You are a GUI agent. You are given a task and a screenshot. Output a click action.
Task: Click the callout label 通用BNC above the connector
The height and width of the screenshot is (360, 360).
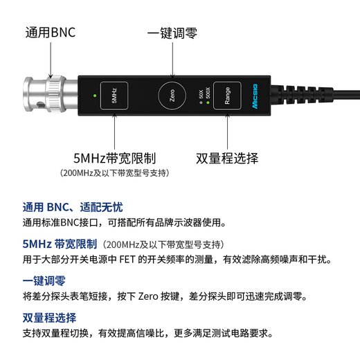pyautogui.click(x=51, y=33)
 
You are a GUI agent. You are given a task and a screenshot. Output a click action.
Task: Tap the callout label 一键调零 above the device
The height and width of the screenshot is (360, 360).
pyautogui.click(x=172, y=33)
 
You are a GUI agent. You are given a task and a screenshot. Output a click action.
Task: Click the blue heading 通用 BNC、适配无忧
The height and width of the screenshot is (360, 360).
pyautogui.click(x=72, y=207)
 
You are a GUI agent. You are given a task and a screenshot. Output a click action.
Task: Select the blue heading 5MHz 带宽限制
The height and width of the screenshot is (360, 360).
pyautogui.click(x=59, y=244)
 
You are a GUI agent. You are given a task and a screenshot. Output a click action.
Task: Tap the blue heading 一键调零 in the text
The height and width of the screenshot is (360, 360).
pyautogui.click(x=44, y=280)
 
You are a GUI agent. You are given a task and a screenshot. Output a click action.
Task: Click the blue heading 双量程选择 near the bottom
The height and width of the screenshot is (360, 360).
pyautogui.click(x=49, y=317)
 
